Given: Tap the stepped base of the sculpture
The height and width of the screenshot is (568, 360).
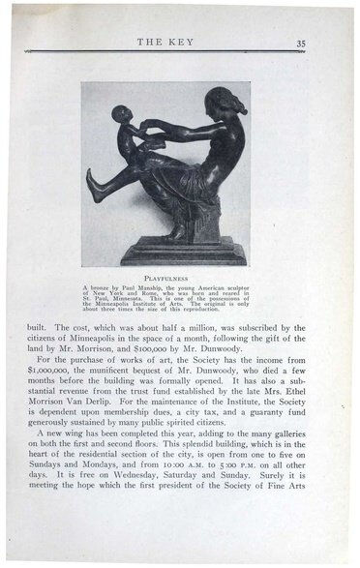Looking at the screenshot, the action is pyautogui.click(x=184, y=253).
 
